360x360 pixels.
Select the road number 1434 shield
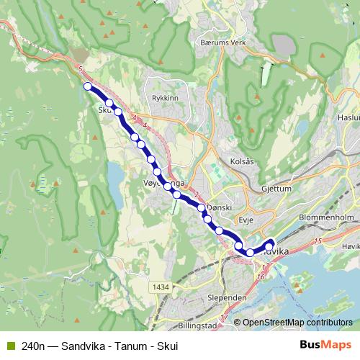(x=161, y=287)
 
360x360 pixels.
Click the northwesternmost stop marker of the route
(x=88, y=86)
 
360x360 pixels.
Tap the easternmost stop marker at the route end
(x=271, y=243)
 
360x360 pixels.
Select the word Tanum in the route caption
(x=127, y=345)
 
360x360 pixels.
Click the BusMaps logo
(x=325, y=344)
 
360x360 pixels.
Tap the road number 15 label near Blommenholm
(x=318, y=240)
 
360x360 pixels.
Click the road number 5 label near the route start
(x=81, y=68)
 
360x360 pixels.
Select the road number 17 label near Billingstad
(x=223, y=318)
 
